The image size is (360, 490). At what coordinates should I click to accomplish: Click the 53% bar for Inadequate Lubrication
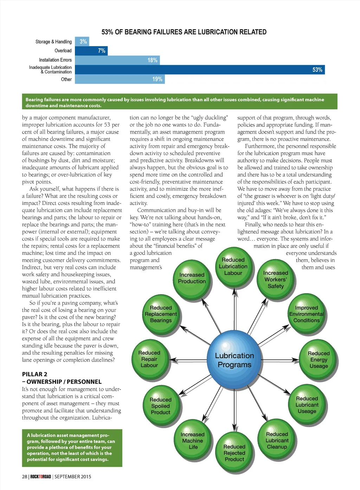200,70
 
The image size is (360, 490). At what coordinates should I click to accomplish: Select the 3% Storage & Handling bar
82,41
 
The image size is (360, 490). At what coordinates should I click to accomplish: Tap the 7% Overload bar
91,51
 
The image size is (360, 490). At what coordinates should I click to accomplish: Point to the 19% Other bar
120,79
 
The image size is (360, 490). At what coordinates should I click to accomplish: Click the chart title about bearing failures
184,32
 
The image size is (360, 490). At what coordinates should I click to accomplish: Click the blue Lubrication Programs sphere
234,360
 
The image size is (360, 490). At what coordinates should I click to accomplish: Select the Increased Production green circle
192,278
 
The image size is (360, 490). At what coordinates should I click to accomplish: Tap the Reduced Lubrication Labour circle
233,266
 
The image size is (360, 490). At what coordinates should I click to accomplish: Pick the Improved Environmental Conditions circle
306,314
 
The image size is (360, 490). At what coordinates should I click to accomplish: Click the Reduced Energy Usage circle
319,360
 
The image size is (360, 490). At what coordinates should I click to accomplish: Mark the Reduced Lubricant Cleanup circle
277,440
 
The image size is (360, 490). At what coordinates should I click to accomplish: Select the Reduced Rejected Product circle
234,453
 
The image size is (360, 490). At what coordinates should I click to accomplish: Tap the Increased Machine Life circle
193,441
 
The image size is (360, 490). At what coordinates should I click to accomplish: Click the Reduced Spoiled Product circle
161,406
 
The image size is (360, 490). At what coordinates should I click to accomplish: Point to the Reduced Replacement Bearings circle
161,314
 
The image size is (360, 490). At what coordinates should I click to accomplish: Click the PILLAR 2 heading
35,374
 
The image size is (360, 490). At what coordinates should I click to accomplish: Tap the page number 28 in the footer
24,477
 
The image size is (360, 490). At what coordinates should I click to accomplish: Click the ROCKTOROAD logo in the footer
40,477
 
